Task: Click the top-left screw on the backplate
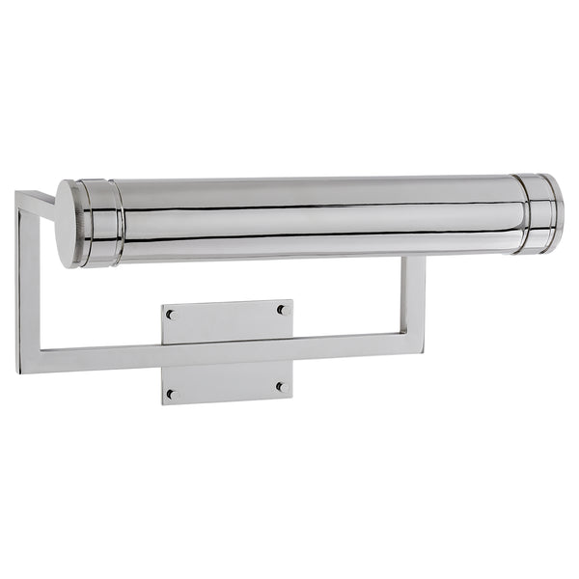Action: coord(171,315)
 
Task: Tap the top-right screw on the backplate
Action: coord(283,310)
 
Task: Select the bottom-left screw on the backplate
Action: coord(172,394)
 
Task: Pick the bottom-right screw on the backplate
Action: coord(281,387)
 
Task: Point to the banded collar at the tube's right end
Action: coord(538,213)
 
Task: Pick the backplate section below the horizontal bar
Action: coord(227,380)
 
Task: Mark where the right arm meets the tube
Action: coord(414,258)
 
